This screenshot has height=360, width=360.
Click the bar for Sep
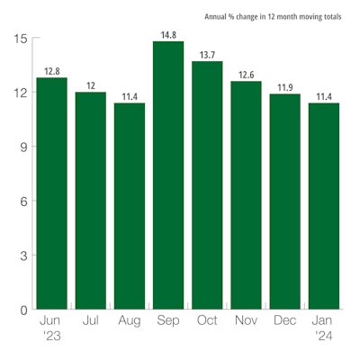coord(168,175)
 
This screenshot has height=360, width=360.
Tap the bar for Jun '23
coord(52,193)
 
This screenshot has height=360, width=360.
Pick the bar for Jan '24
coord(324,206)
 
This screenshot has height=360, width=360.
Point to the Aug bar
coord(130,206)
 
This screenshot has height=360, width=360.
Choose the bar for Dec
coord(285,202)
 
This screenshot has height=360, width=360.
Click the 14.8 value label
coord(168,35)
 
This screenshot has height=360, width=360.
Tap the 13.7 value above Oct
coord(207,55)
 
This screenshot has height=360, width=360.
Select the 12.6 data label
coord(246,75)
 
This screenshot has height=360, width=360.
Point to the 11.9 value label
coord(285,87)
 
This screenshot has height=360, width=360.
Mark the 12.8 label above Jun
coord(52,71)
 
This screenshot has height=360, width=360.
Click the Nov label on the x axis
coord(246,320)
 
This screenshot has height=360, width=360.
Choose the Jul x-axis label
coord(91,320)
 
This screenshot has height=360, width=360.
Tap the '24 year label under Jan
coord(324,337)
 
